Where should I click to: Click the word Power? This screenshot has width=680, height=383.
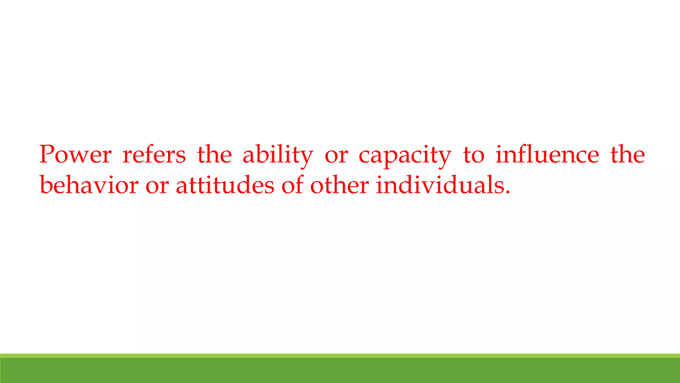[x=75, y=155]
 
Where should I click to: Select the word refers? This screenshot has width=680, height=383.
[x=154, y=155]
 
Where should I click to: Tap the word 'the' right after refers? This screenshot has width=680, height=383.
[x=214, y=155]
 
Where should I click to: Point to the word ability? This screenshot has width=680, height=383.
[x=278, y=155]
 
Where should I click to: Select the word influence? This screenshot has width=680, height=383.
[x=547, y=155]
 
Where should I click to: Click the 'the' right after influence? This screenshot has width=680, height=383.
[x=628, y=155]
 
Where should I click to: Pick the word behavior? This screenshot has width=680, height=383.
[x=89, y=185]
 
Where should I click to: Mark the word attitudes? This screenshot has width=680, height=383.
[x=225, y=185]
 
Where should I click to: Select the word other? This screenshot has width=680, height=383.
[x=339, y=185]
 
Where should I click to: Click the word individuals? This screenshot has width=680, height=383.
[x=440, y=185]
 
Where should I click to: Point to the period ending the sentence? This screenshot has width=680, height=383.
[x=507, y=192]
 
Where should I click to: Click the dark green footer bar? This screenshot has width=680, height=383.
[x=340, y=370]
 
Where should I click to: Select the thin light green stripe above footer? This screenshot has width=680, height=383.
[x=340, y=355]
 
